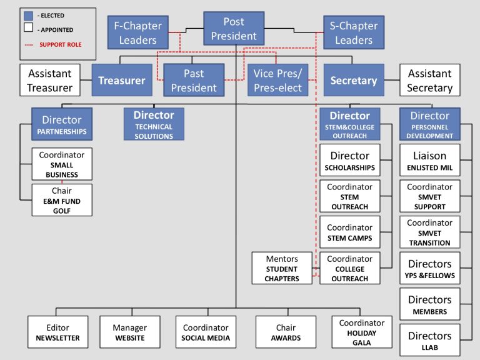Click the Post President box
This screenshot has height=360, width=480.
click(234, 29)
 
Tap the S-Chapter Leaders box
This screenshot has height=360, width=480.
click(354, 33)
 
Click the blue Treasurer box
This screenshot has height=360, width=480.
click(122, 80)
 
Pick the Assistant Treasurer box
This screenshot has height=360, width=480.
click(50, 81)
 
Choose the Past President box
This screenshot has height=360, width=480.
click(194, 81)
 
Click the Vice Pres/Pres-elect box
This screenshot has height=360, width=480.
click(277, 81)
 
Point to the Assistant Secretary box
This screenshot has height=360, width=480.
click(429, 81)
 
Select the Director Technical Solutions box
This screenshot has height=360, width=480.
click(154, 124)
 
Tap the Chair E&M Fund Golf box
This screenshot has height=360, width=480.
click(62, 200)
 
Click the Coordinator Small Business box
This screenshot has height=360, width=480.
click(62, 164)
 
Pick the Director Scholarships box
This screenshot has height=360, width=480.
click(349, 161)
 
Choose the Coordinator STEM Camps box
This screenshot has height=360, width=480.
click(349, 232)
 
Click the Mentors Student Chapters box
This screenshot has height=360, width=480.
click(282, 268)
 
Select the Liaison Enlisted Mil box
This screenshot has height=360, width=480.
click(429, 161)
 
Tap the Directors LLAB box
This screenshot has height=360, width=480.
click(429, 341)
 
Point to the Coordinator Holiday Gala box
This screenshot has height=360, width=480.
click(362, 332)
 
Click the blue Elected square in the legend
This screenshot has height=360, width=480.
click(27, 16)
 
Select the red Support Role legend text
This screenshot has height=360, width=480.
click(60, 45)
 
